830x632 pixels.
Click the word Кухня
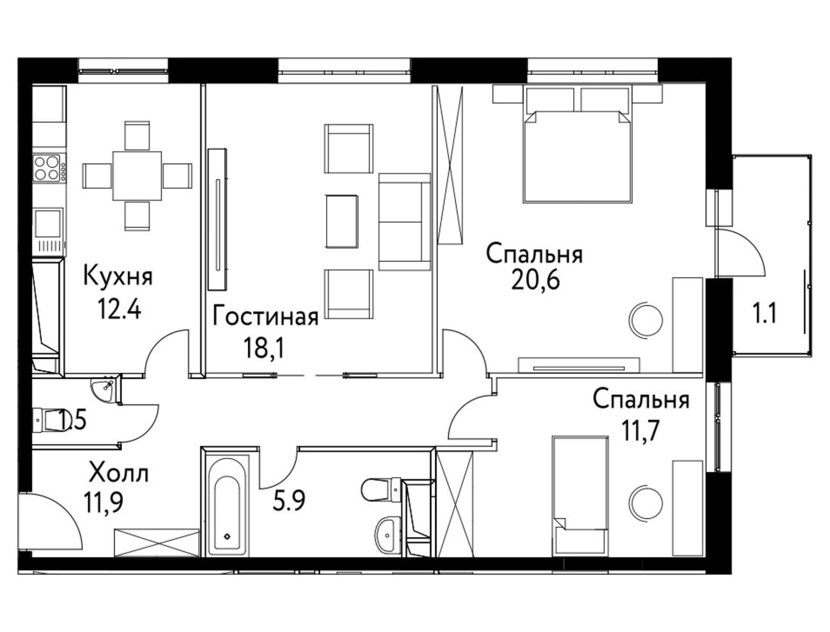coord(118,276)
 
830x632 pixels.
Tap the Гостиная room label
coord(266,318)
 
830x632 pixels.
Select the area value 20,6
coord(535,280)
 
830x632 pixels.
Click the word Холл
coord(119,474)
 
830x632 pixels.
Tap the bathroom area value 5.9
coord(289,500)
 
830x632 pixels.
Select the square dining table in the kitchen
coord(137,176)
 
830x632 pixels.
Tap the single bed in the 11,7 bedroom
coord(580,496)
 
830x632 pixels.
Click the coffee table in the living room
coord(341,221)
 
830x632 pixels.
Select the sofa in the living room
coord(405,222)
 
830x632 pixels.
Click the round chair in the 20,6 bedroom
coord(646,320)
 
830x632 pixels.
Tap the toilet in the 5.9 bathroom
coord(380,489)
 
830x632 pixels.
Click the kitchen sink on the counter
coord(47,224)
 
